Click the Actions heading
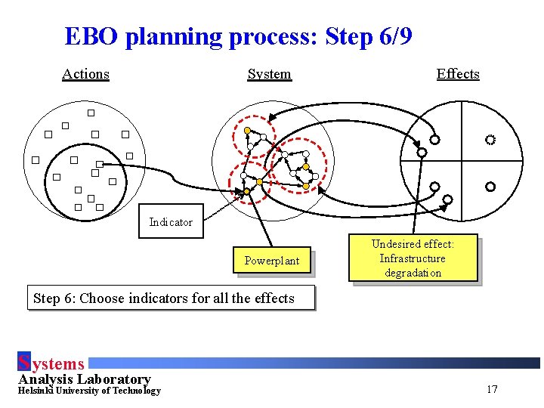pyautogui.click(x=85, y=74)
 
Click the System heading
pyautogui.click(x=269, y=74)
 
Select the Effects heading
pyautogui.click(x=458, y=74)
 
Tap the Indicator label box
pyautogui.click(x=171, y=222)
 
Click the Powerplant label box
pyautogui.click(x=272, y=261)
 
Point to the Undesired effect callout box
pyautogui.click(x=413, y=258)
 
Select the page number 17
pyautogui.click(x=492, y=389)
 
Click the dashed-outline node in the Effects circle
pyautogui.click(x=490, y=140)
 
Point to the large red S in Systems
pyautogui.click(x=23, y=363)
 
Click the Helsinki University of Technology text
pyautogui.click(x=89, y=391)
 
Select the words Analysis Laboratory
pyautogui.click(x=85, y=379)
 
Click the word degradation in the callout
pyautogui.click(x=413, y=273)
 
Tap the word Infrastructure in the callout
pyautogui.click(x=413, y=258)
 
